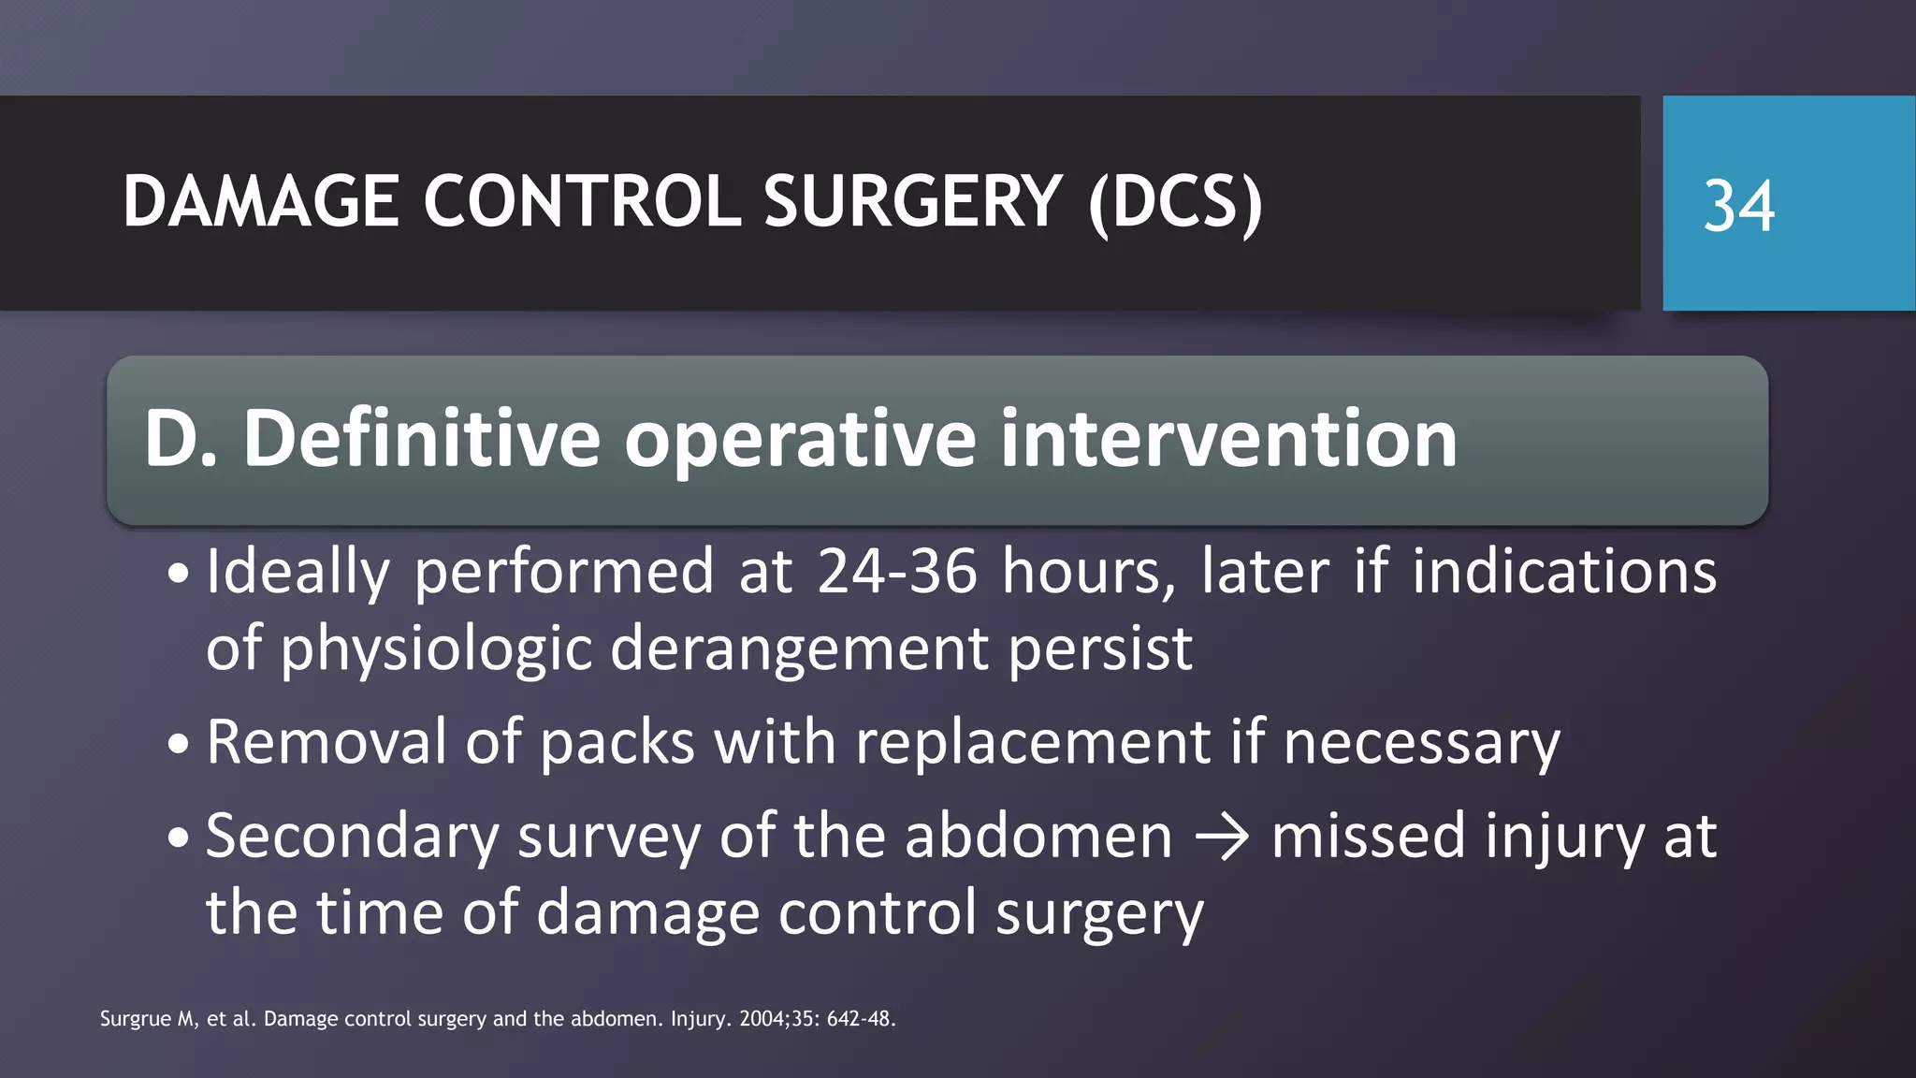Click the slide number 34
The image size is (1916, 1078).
click(1738, 206)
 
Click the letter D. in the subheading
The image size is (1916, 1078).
click(181, 438)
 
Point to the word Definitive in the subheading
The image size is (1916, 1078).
click(421, 438)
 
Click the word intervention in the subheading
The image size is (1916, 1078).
click(1228, 438)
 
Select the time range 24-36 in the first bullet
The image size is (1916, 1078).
click(897, 571)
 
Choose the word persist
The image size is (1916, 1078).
click(1100, 648)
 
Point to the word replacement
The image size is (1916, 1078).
click(1033, 743)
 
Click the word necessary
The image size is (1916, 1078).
click(1421, 743)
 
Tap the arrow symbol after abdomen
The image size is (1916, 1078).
click(1222, 837)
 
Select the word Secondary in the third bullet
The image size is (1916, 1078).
click(352, 837)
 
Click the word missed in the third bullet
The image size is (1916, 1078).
click(1368, 835)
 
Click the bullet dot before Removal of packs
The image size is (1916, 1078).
click(179, 745)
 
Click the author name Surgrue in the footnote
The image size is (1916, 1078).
click(135, 1019)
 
